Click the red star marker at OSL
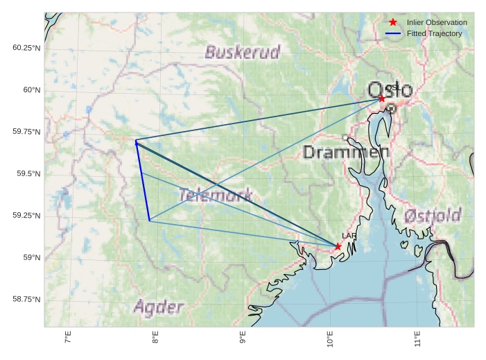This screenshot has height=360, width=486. tap(382, 98)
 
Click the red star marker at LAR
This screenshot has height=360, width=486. tap(338, 246)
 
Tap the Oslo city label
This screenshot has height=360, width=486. tap(390, 90)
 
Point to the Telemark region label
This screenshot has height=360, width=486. tap(214, 195)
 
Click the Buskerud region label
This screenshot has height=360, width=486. tap(243, 52)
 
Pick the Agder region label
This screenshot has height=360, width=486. tap(159, 307)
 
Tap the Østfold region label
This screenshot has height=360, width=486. tap(433, 215)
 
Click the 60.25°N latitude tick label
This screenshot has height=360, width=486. tap(26, 48)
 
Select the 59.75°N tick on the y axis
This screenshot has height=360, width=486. tap(26, 132)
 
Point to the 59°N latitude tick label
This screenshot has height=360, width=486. tap(32, 257)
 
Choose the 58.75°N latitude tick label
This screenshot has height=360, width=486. tap(26, 299)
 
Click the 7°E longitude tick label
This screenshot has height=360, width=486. tap(68, 338)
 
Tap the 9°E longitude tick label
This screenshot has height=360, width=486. tap(243, 338)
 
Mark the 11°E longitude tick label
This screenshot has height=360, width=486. tap(418, 338)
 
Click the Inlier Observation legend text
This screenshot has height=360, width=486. tap(437, 23)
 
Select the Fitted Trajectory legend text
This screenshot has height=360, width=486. tap(434, 33)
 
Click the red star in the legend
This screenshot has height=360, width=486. tap(393, 22)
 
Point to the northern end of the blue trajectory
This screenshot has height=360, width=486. tap(136, 142)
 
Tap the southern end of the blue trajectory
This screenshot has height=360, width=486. tap(149, 221)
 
